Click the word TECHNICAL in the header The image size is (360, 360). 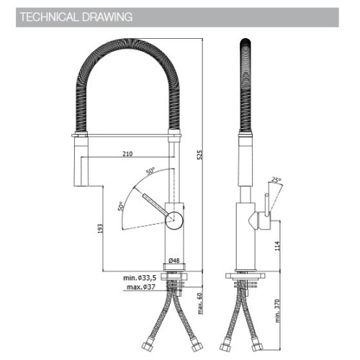click(x=49, y=17)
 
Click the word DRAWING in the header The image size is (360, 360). click(x=107, y=17)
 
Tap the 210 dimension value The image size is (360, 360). click(x=127, y=153)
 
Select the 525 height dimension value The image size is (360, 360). click(x=199, y=155)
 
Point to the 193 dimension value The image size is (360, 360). click(x=100, y=228)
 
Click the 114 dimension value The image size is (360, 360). click(x=277, y=246)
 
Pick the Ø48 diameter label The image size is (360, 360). click(x=174, y=260)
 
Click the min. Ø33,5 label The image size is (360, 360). click(x=140, y=278)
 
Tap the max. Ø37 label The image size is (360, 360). click(x=141, y=287)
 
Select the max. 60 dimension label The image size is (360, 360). click(x=199, y=303)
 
